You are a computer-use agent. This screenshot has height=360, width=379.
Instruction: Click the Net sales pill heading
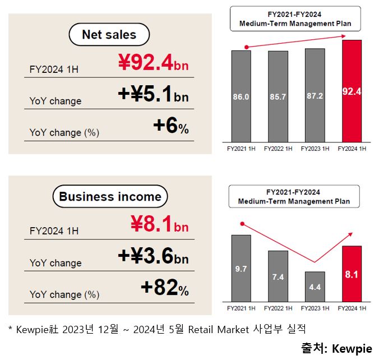click(109, 35)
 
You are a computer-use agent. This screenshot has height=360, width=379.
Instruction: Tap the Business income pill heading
click(110, 197)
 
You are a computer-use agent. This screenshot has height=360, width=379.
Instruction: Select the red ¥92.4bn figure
click(153, 63)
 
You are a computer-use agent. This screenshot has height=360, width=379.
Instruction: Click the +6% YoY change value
click(170, 127)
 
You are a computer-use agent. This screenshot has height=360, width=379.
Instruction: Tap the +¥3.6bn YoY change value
click(153, 256)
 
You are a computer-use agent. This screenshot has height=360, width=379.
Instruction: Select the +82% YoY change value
click(164, 288)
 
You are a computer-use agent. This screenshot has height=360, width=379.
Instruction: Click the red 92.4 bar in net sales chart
click(352, 91)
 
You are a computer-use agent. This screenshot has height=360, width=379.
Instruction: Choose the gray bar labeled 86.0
click(241, 96)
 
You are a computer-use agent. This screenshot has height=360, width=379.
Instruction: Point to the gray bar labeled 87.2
click(315, 95)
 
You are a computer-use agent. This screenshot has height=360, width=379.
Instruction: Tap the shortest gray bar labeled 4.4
click(315, 287)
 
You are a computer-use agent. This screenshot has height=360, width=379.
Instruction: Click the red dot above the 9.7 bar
click(242, 223)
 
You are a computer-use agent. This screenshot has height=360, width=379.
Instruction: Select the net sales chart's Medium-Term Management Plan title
click(295, 19)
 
